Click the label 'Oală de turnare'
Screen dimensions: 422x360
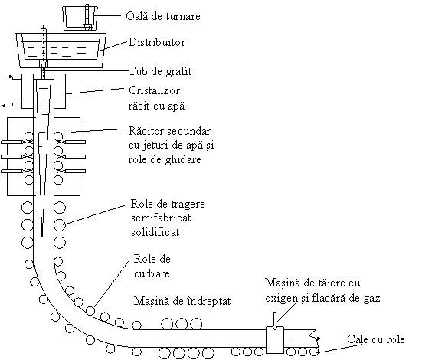tap(163, 16)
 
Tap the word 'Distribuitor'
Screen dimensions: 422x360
tap(157, 42)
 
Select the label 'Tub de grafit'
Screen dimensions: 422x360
tap(160, 71)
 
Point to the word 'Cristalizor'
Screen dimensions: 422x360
tap(154, 90)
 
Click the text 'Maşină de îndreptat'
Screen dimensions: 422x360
tap(182, 301)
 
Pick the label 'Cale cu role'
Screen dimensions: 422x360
tap(376, 339)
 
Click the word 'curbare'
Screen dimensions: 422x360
tap(152, 273)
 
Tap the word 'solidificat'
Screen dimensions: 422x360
tap(155, 232)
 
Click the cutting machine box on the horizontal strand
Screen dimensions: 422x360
tap(275, 340)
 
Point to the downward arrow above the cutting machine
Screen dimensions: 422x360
tap(275, 321)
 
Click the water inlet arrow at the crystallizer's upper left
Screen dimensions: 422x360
tap(7, 77)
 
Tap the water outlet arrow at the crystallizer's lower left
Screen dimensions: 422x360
tap(7, 106)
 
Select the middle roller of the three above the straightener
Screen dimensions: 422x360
tap(182, 324)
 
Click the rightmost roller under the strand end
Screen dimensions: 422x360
tap(314, 352)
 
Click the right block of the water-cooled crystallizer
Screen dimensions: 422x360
tap(60, 91)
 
